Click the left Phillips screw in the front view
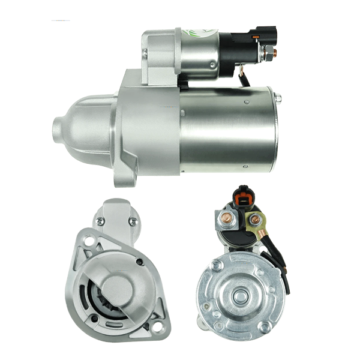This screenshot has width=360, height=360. click(101, 223)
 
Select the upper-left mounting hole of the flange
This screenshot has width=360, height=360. click(89, 241)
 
